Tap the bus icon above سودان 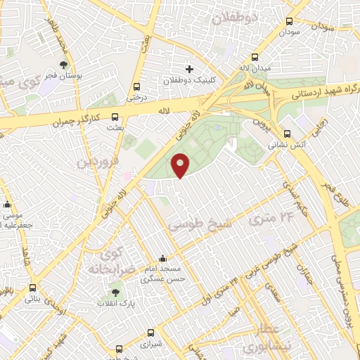[289, 22]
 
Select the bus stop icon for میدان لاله [255, 58]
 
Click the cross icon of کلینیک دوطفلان [188, 69]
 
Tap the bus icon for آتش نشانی [286, 134]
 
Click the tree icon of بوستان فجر [64, 64]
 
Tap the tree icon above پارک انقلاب [115, 292]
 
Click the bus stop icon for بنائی [33, 288]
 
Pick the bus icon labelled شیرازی [150, 333]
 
